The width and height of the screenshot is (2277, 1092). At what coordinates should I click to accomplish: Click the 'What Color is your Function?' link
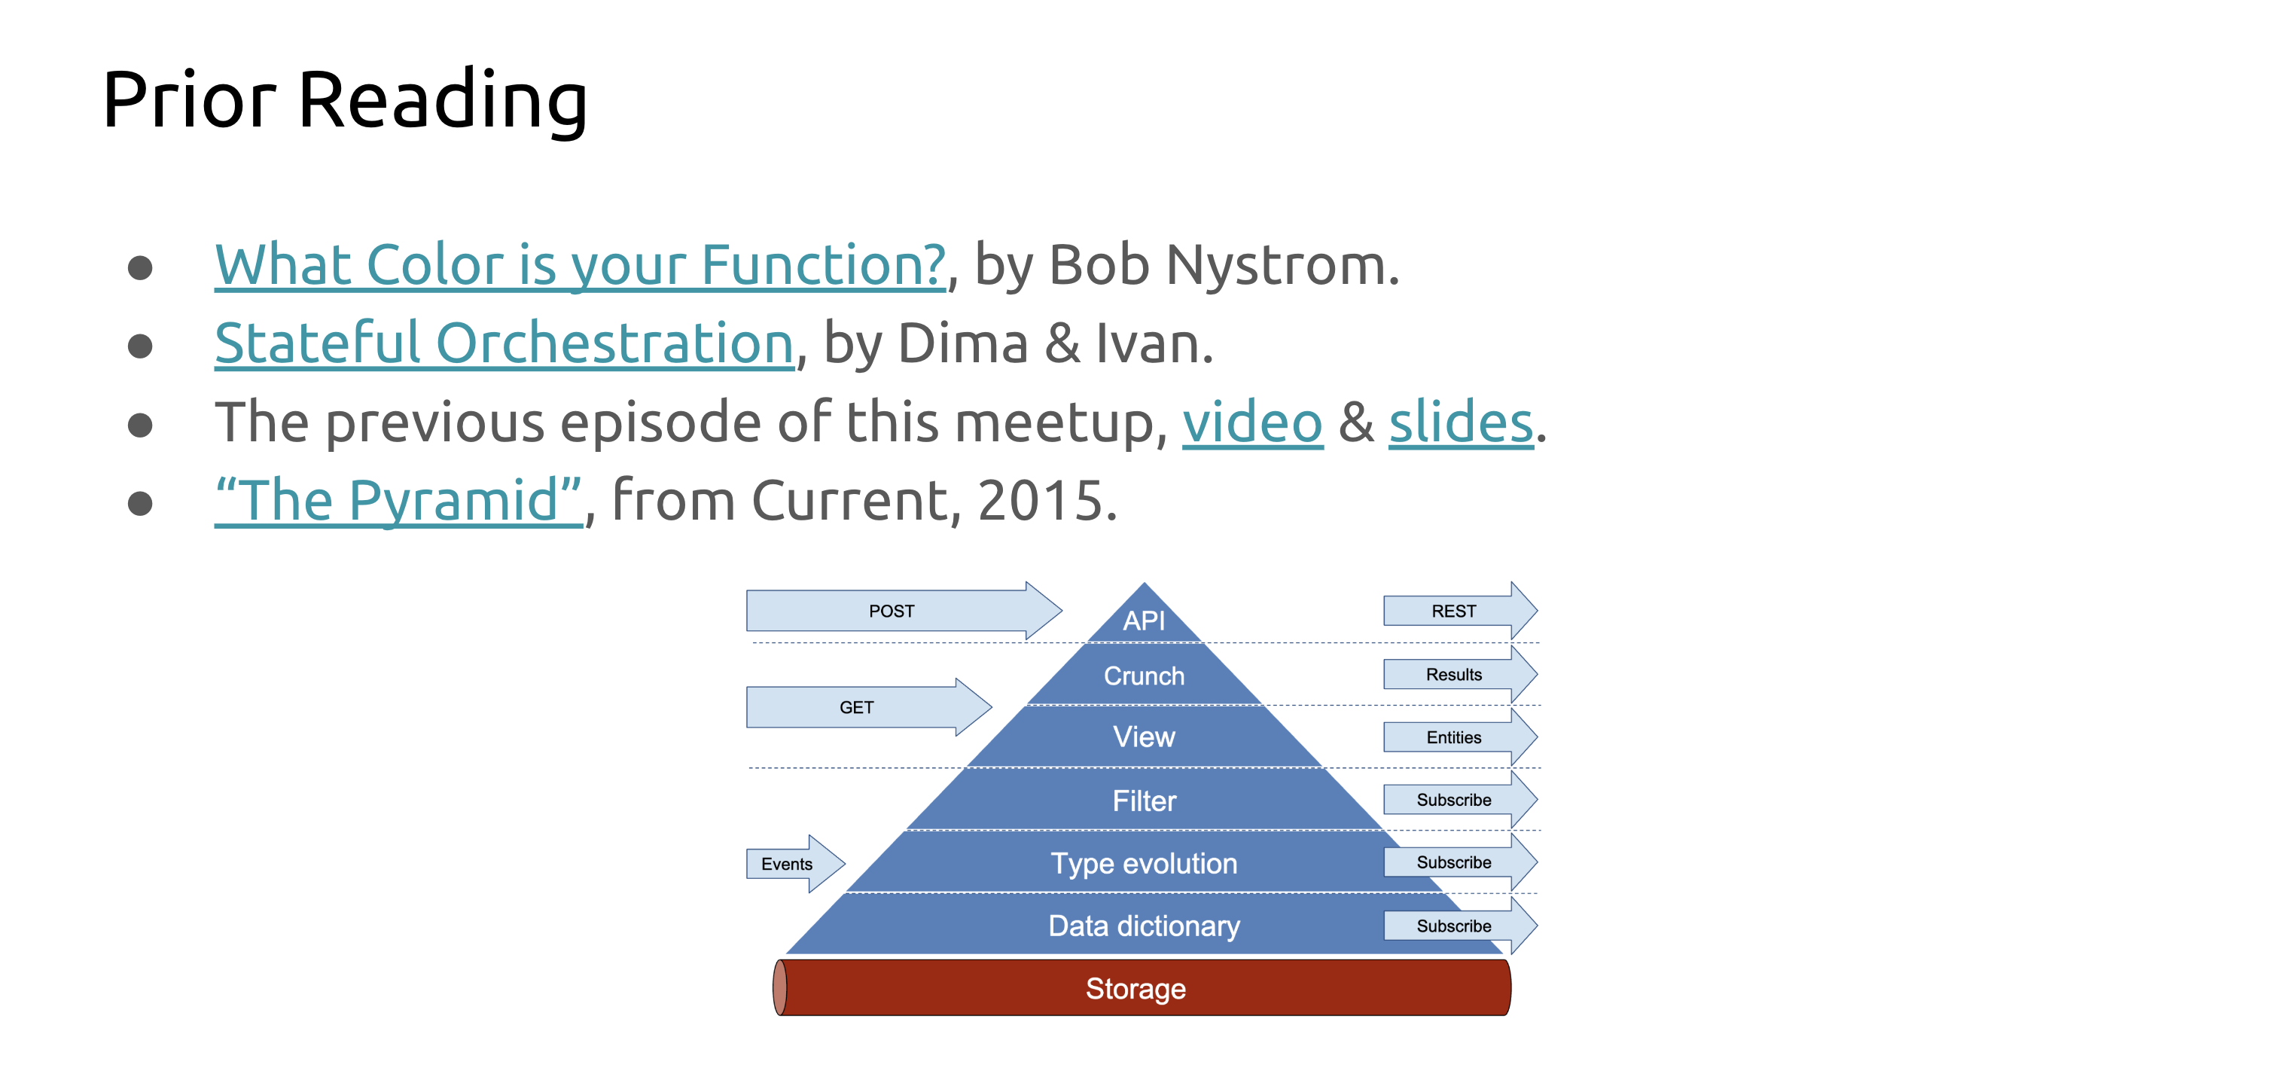pos(580,264)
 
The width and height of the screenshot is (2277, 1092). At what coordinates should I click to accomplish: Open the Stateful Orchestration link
pos(504,343)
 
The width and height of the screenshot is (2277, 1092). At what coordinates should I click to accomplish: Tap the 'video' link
pos(1251,422)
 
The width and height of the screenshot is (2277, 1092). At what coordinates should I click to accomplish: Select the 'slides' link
pos(1460,422)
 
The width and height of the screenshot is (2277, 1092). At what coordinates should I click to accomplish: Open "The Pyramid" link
pos(398,501)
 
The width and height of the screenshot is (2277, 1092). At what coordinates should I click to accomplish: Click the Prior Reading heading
pos(345,99)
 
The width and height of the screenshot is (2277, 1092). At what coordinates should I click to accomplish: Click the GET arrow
pos(858,707)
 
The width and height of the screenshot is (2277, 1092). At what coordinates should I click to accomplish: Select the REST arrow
pos(1454,611)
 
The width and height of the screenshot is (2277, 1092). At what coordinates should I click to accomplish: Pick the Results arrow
pos(1454,675)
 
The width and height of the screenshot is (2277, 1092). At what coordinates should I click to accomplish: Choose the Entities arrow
pos(1454,737)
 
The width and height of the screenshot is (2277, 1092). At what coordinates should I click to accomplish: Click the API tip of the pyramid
pos(1144,620)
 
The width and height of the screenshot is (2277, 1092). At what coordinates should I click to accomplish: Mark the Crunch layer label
pos(1144,676)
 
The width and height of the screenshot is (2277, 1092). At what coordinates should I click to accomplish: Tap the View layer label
pos(1144,737)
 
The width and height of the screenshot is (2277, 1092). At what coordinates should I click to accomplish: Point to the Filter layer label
pos(1144,801)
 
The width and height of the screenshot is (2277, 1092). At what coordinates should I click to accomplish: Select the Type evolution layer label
pos(1144,864)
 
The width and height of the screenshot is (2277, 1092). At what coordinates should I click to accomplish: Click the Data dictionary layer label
pos(1144,926)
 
